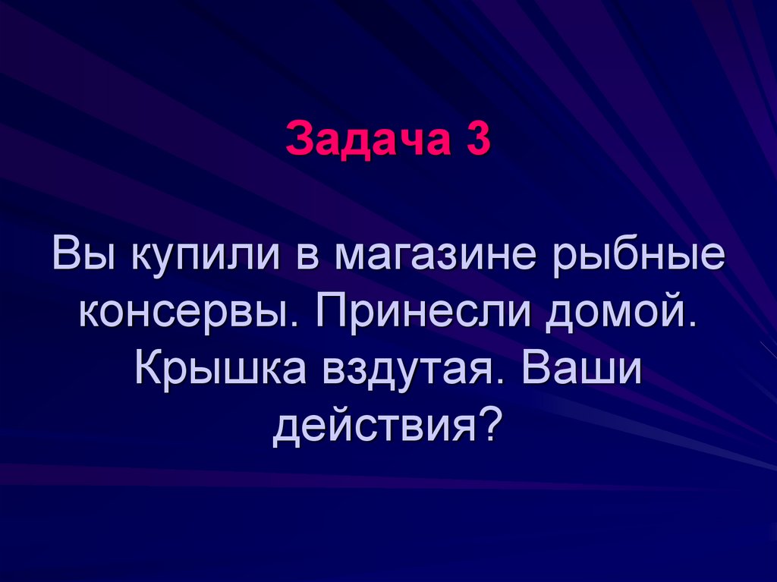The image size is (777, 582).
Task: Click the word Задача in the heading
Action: click(362, 141)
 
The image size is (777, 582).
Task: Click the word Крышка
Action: click(223, 368)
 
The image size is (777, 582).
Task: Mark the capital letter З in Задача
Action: click(297, 141)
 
